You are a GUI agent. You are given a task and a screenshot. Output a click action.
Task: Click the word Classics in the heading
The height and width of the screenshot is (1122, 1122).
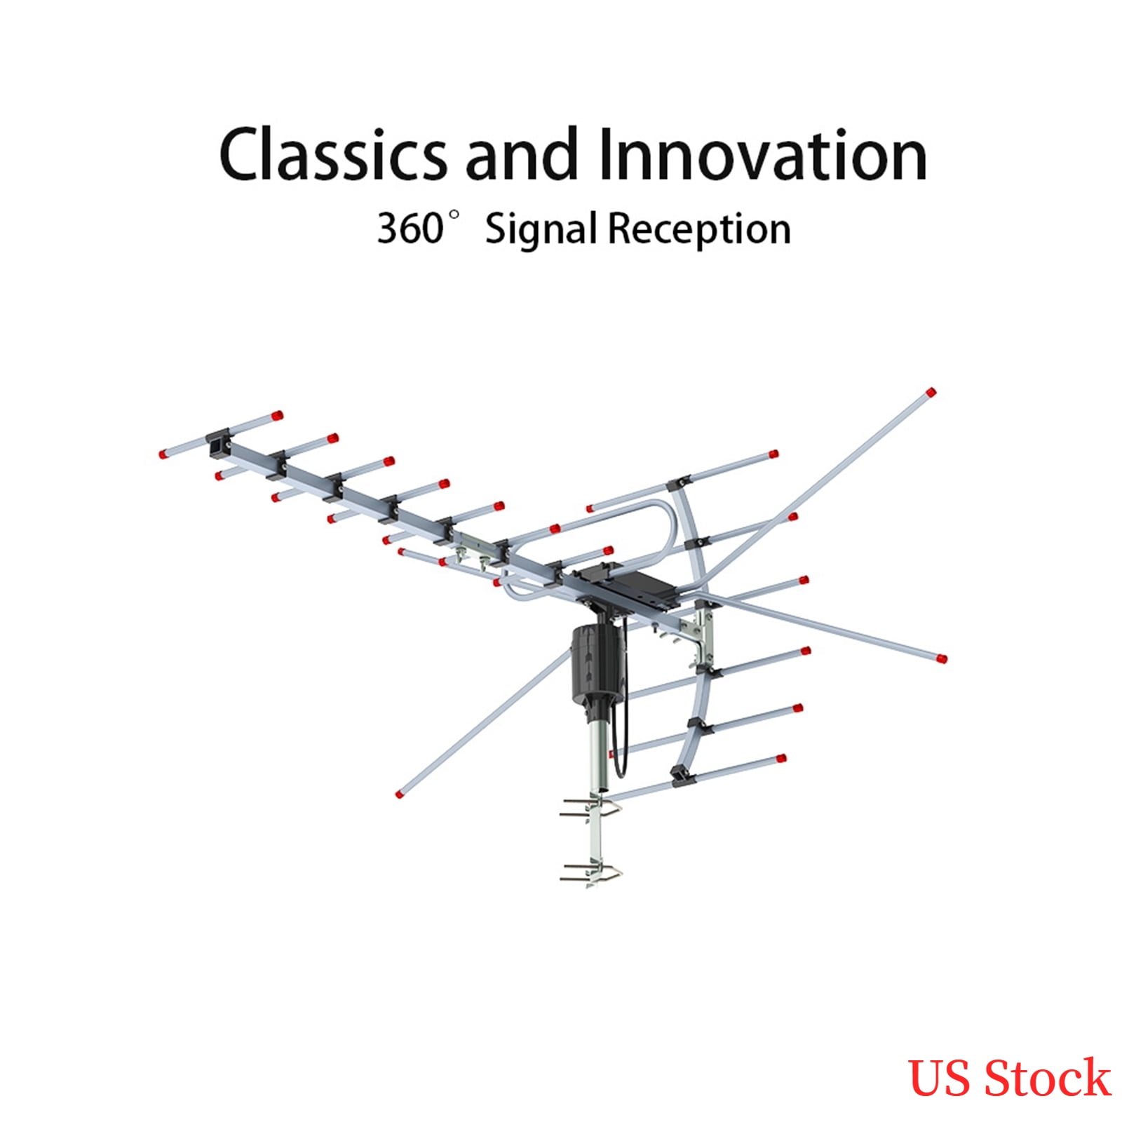(332, 154)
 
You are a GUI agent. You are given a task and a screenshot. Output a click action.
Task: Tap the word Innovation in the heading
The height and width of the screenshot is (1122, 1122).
(763, 154)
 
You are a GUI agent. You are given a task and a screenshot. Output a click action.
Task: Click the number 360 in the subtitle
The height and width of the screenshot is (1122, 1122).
(410, 229)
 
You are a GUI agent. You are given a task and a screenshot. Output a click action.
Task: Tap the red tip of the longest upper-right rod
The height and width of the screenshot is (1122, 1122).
(931, 393)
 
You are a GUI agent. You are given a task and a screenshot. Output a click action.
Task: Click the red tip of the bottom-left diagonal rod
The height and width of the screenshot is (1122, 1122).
(400, 794)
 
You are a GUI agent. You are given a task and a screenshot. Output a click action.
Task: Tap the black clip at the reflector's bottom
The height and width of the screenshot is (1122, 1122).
(680, 775)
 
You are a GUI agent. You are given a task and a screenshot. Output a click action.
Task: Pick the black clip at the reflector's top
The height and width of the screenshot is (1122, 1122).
(678, 483)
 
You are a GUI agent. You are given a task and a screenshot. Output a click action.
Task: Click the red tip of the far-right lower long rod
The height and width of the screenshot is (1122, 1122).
(941, 658)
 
